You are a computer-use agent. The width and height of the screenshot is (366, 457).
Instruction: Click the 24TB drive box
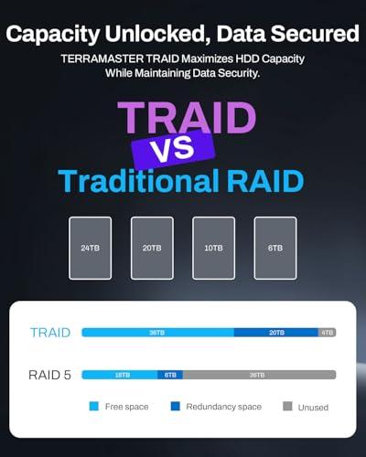(90, 248)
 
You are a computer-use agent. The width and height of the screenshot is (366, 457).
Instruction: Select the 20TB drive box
(152, 248)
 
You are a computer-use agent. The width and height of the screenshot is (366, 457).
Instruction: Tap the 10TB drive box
(213, 248)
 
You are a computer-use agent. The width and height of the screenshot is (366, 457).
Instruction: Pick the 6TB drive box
(275, 248)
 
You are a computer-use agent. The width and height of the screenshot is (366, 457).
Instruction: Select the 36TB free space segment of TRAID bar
(157, 333)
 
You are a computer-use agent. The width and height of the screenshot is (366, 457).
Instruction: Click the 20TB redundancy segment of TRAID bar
(275, 333)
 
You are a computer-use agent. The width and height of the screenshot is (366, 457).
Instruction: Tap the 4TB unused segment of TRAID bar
(327, 333)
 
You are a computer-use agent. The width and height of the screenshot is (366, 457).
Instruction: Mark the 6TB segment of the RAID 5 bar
(170, 375)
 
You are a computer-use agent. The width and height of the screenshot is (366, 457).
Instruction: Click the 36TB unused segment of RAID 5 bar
(258, 375)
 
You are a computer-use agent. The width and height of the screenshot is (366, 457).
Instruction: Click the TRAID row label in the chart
(49, 333)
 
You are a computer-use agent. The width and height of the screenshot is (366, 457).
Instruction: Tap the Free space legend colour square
(93, 406)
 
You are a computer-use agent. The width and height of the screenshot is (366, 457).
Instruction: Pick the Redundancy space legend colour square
(174, 406)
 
